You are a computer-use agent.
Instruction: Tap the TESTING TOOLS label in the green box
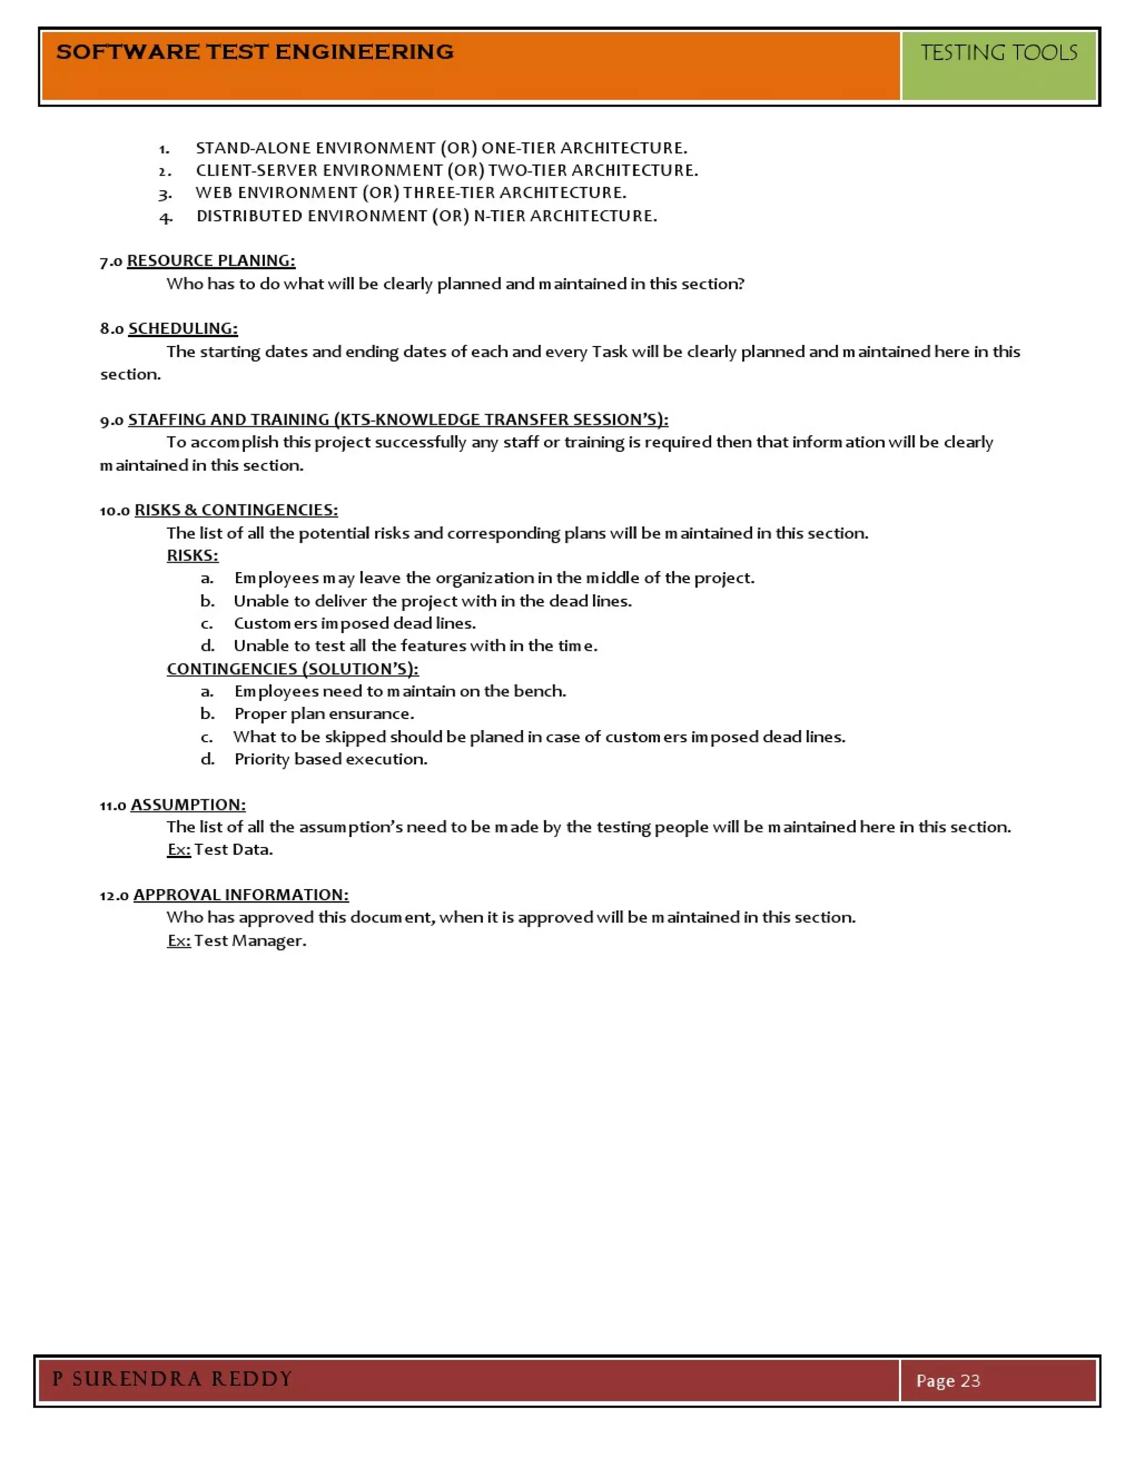999,53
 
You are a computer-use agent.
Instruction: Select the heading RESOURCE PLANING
211,261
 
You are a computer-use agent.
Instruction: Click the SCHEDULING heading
183,328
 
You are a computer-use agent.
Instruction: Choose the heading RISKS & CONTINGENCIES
236,510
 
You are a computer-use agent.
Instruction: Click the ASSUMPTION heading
188,804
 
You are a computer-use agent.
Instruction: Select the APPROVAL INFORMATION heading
241,895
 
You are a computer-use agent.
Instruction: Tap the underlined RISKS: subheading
192,555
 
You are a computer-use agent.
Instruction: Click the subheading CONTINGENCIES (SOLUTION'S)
293,669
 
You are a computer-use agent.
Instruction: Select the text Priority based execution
331,759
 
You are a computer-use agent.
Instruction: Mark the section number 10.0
114,511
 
